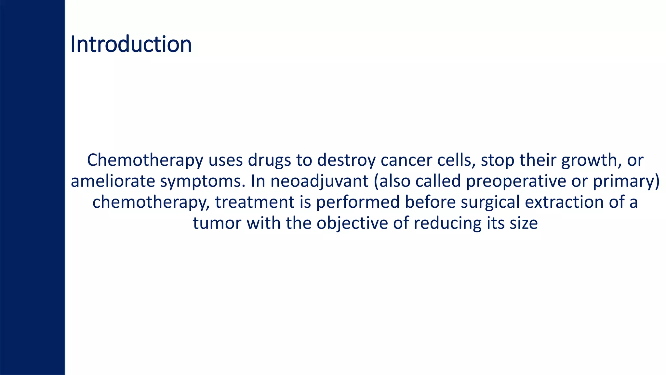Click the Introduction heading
(x=131, y=44)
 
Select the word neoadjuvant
(x=319, y=181)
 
